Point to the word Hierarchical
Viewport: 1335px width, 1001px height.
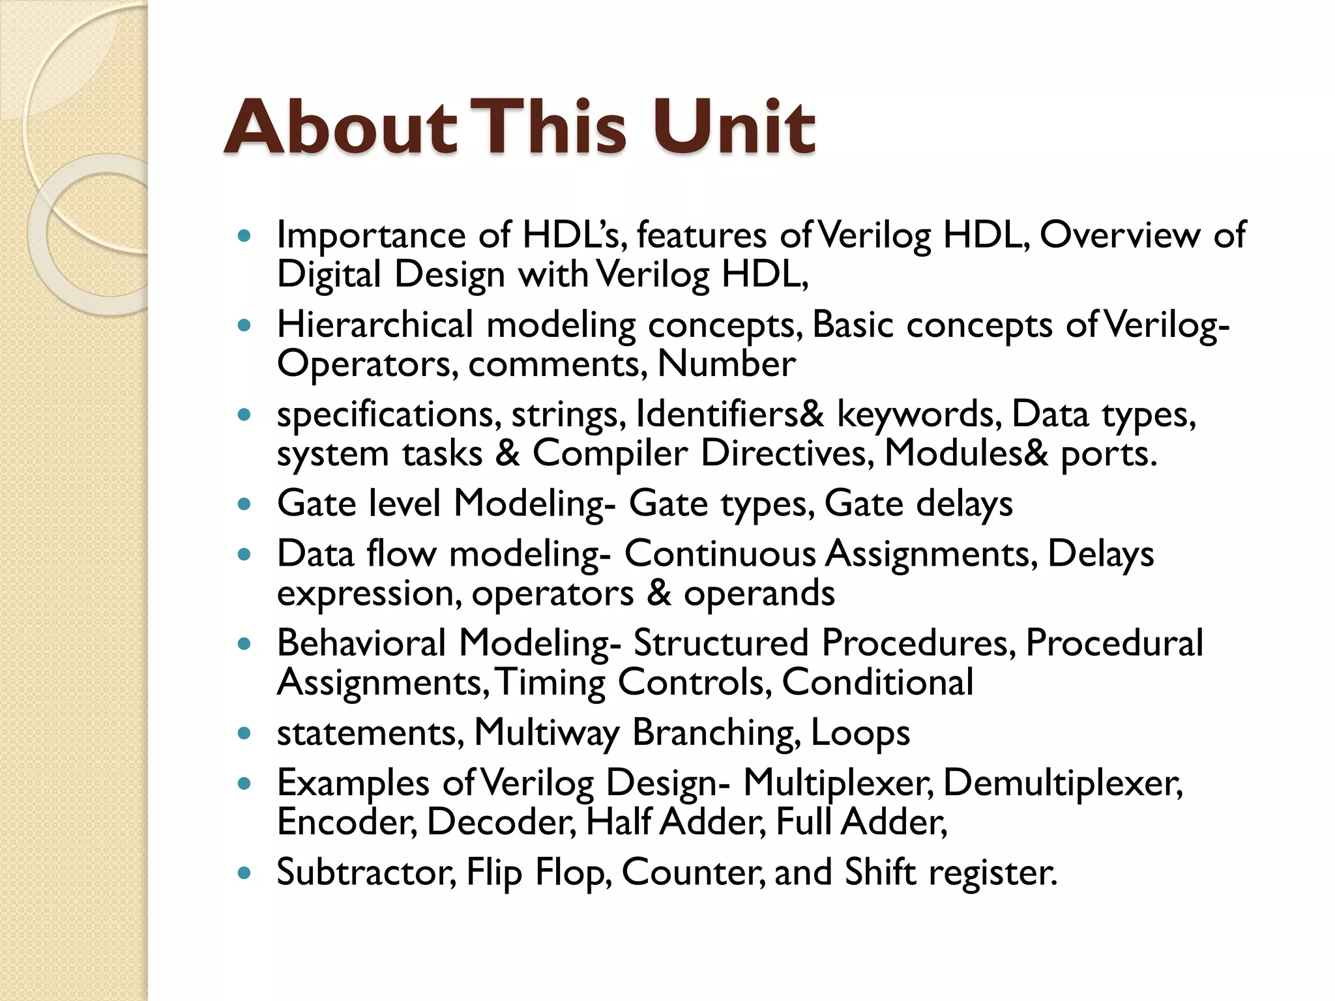[375, 325]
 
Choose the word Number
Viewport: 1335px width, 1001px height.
[726, 364]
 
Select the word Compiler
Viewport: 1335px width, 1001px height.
[610, 454]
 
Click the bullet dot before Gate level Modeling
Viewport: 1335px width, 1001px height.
[244, 504]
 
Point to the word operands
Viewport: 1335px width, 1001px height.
[759, 593]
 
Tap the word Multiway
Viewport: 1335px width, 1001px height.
[546, 733]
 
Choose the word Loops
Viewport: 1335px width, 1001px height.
[860, 733]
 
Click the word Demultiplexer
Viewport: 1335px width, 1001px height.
[1063, 783]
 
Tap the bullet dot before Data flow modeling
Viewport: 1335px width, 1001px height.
[244, 555]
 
